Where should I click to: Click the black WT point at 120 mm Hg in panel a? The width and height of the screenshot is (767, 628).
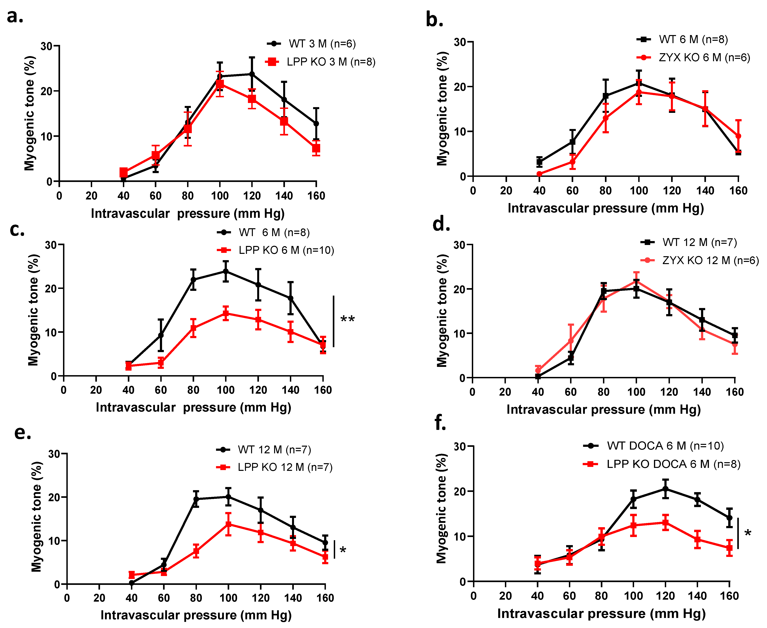point(252,74)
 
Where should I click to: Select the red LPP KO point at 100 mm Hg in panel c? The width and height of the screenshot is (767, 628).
point(226,313)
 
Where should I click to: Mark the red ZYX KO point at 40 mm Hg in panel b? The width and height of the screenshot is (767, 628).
point(539,174)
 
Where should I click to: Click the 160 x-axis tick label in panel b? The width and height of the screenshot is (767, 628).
point(738,191)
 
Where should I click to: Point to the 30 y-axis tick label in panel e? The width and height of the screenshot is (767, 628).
point(54,454)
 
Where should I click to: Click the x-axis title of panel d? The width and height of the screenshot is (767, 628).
point(604,409)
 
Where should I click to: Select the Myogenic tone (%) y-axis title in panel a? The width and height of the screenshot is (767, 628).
point(30,113)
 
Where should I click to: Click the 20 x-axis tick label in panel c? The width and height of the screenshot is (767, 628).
point(96,390)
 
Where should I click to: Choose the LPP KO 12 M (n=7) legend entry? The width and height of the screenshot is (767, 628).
point(285,467)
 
